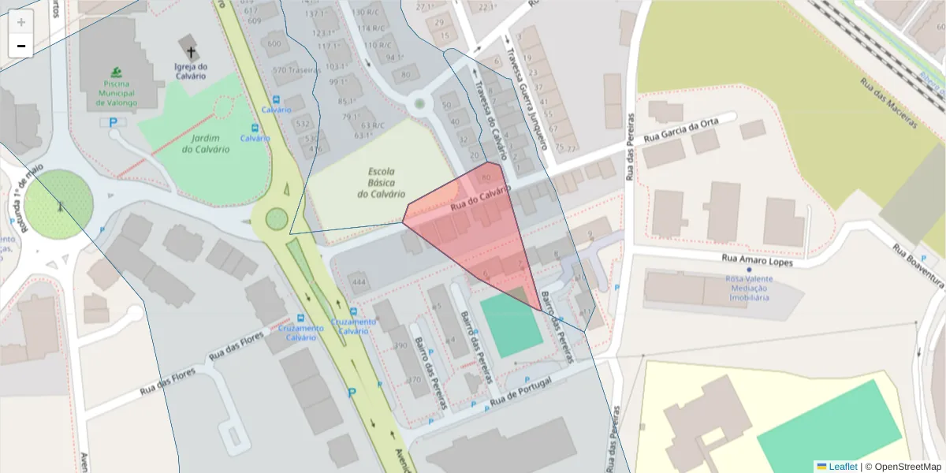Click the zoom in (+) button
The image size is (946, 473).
click(21, 22)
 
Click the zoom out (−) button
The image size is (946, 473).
click(21, 46)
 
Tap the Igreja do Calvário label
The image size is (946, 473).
click(190, 71)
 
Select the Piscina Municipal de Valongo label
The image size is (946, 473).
click(117, 93)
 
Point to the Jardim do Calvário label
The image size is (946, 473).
click(206, 143)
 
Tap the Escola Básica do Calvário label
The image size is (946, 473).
click(381, 182)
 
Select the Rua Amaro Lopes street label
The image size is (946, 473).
click(757, 259)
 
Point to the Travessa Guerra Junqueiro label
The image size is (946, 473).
click(527, 94)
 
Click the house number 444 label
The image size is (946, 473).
click(359, 281)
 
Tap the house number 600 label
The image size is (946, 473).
click(274, 44)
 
